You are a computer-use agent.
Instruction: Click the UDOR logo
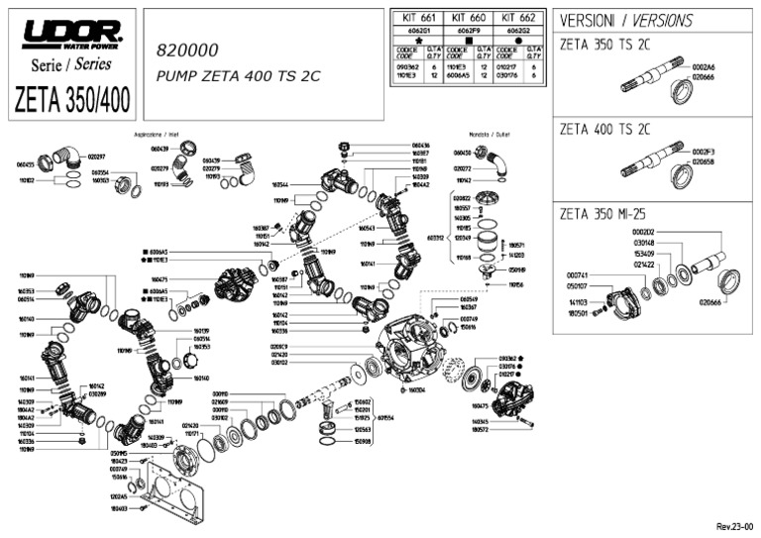[72, 34]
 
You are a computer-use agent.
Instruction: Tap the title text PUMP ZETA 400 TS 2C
[233, 75]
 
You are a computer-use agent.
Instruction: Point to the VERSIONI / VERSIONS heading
[625, 21]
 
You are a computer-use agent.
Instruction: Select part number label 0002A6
[703, 66]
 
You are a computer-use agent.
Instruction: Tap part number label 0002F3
[703, 152]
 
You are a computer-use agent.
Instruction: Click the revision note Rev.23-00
[734, 527]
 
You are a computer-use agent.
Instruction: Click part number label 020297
[96, 157]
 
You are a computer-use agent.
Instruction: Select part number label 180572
[482, 430]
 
